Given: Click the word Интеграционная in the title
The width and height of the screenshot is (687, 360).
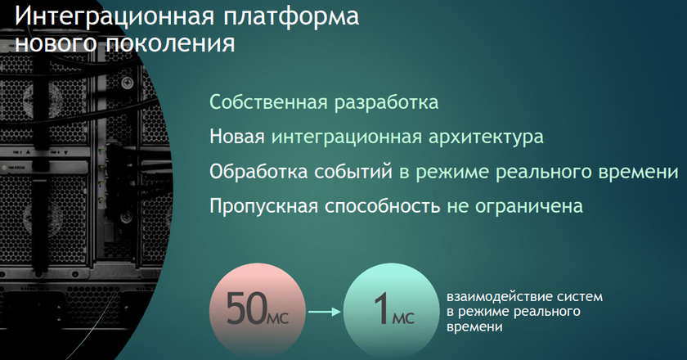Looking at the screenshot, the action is pyautogui.click(x=114, y=17).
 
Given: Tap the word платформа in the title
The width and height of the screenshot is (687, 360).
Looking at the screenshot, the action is pyautogui.click(x=291, y=17).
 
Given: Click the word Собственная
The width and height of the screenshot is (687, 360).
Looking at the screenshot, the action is pyautogui.click(x=268, y=102).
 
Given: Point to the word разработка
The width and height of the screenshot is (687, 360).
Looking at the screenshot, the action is pyautogui.click(x=386, y=103).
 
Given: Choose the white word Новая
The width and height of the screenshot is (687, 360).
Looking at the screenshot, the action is pyautogui.click(x=237, y=137).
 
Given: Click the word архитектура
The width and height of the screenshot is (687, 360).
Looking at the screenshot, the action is pyautogui.click(x=486, y=137).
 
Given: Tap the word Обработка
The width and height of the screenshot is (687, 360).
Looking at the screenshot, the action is pyautogui.click(x=258, y=172).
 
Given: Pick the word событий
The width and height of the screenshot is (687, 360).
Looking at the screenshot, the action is pyautogui.click(x=353, y=172).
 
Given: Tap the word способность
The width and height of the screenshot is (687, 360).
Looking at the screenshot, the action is pyautogui.click(x=382, y=206).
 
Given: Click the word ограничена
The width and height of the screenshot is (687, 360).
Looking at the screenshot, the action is pyautogui.click(x=529, y=206).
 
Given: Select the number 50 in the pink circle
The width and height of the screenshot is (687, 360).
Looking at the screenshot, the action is pyautogui.click(x=246, y=308).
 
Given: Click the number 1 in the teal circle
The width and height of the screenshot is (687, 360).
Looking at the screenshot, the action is pyautogui.click(x=382, y=309).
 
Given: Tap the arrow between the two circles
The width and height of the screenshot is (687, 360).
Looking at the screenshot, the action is pyautogui.click(x=325, y=312).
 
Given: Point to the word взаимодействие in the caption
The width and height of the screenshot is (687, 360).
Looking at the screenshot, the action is pyautogui.click(x=499, y=297).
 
